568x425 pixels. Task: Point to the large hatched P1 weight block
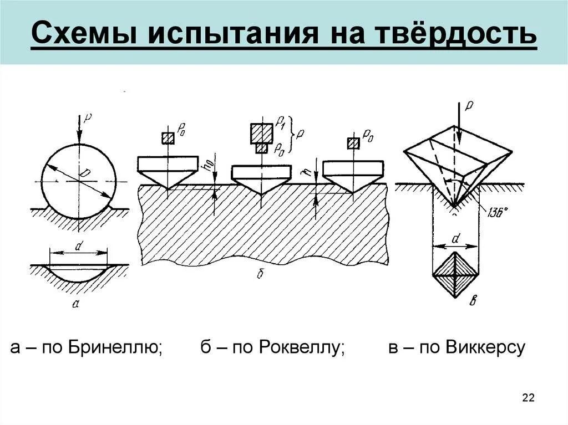(261, 133)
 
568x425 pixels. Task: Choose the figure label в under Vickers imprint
(473, 301)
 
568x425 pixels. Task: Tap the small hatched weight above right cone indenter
(352, 143)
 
